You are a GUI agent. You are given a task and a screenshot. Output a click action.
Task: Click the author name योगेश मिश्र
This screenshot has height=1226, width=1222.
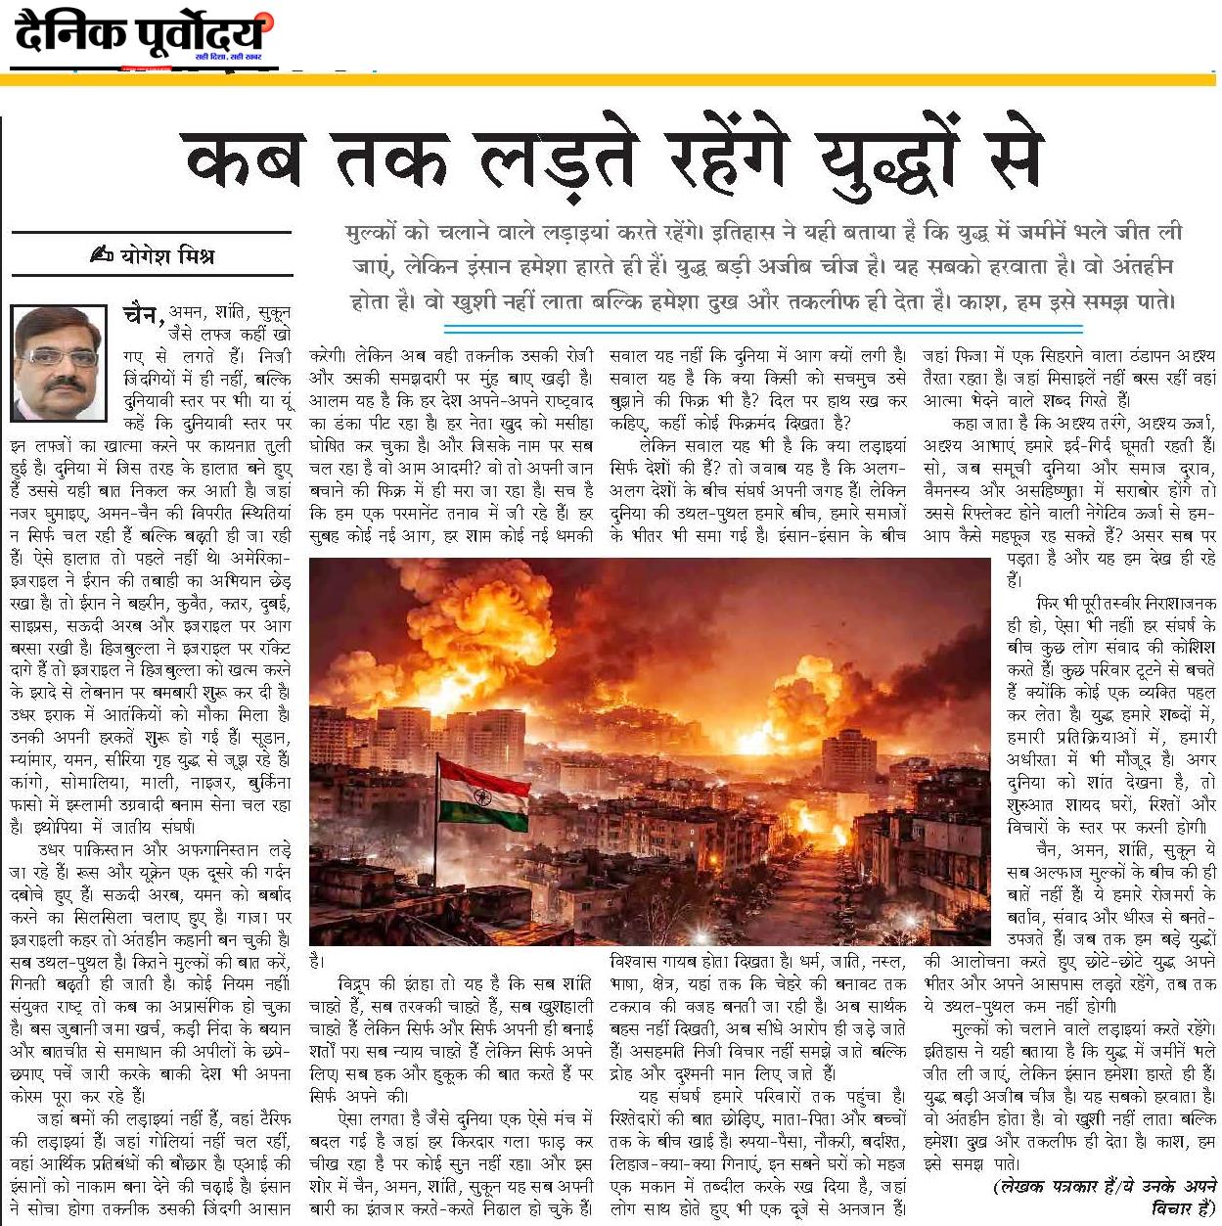tap(167, 256)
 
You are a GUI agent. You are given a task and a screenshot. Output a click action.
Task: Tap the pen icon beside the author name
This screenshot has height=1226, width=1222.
tap(102, 256)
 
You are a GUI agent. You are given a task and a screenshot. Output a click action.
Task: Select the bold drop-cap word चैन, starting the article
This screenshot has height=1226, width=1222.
tap(144, 313)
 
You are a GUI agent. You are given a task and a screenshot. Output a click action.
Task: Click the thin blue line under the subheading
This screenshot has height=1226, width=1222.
tap(763, 325)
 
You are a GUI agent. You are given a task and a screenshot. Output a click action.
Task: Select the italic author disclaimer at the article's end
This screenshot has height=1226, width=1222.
tap(1106, 1194)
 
